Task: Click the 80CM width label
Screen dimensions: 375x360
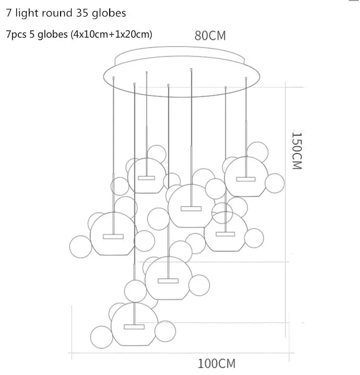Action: pyautogui.click(x=210, y=36)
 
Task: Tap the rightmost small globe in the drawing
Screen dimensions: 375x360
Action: pyautogui.click(x=274, y=183)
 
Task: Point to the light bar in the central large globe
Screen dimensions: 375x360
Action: pyautogui.click(x=191, y=208)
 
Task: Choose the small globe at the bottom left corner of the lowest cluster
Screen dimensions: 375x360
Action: pyautogui.click(x=100, y=335)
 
